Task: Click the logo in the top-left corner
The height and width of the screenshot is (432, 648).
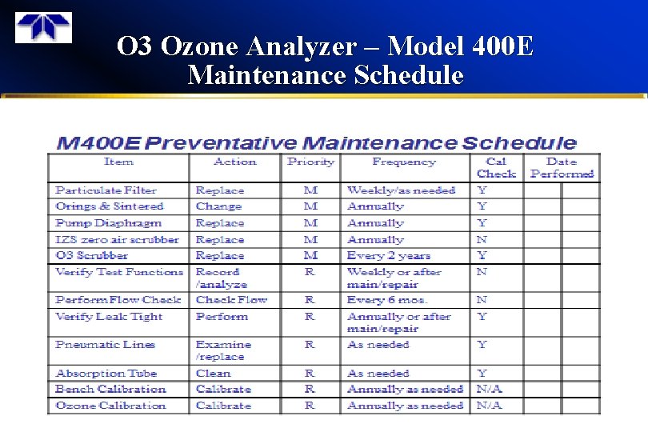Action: pyautogui.click(x=44, y=28)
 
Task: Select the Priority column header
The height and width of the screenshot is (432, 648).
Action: pyautogui.click(x=310, y=162)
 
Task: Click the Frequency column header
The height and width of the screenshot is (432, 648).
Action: pyautogui.click(x=403, y=162)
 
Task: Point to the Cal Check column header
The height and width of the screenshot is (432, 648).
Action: pyautogui.click(x=496, y=167)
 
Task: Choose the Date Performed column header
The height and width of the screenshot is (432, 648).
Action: pyautogui.click(x=562, y=167)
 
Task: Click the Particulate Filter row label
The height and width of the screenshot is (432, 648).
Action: pyautogui.click(x=106, y=190)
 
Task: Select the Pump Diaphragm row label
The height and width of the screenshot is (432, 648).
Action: pyautogui.click(x=108, y=223)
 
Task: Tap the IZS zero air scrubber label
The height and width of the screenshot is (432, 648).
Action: pyautogui.click(x=118, y=239)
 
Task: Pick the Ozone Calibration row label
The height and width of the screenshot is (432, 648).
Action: pyautogui.click(x=110, y=406)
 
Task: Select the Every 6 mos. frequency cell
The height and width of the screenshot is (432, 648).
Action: pyautogui.click(x=387, y=300)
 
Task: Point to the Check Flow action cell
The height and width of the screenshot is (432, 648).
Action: pyautogui.click(x=232, y=300)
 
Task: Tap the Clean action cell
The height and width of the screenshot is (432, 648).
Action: pyautogui.click(x=213, y=373)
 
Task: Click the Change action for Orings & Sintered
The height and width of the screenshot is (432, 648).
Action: pyautogui.click(x=218, y=206)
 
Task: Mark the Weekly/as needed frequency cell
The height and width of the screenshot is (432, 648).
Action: pyautogui.click(x=402, y=190)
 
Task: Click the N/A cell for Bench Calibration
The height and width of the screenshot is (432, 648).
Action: pyautogui.click(x=489, y=390)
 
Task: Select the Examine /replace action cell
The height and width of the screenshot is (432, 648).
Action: pyautogui.click(x=223, y=350)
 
